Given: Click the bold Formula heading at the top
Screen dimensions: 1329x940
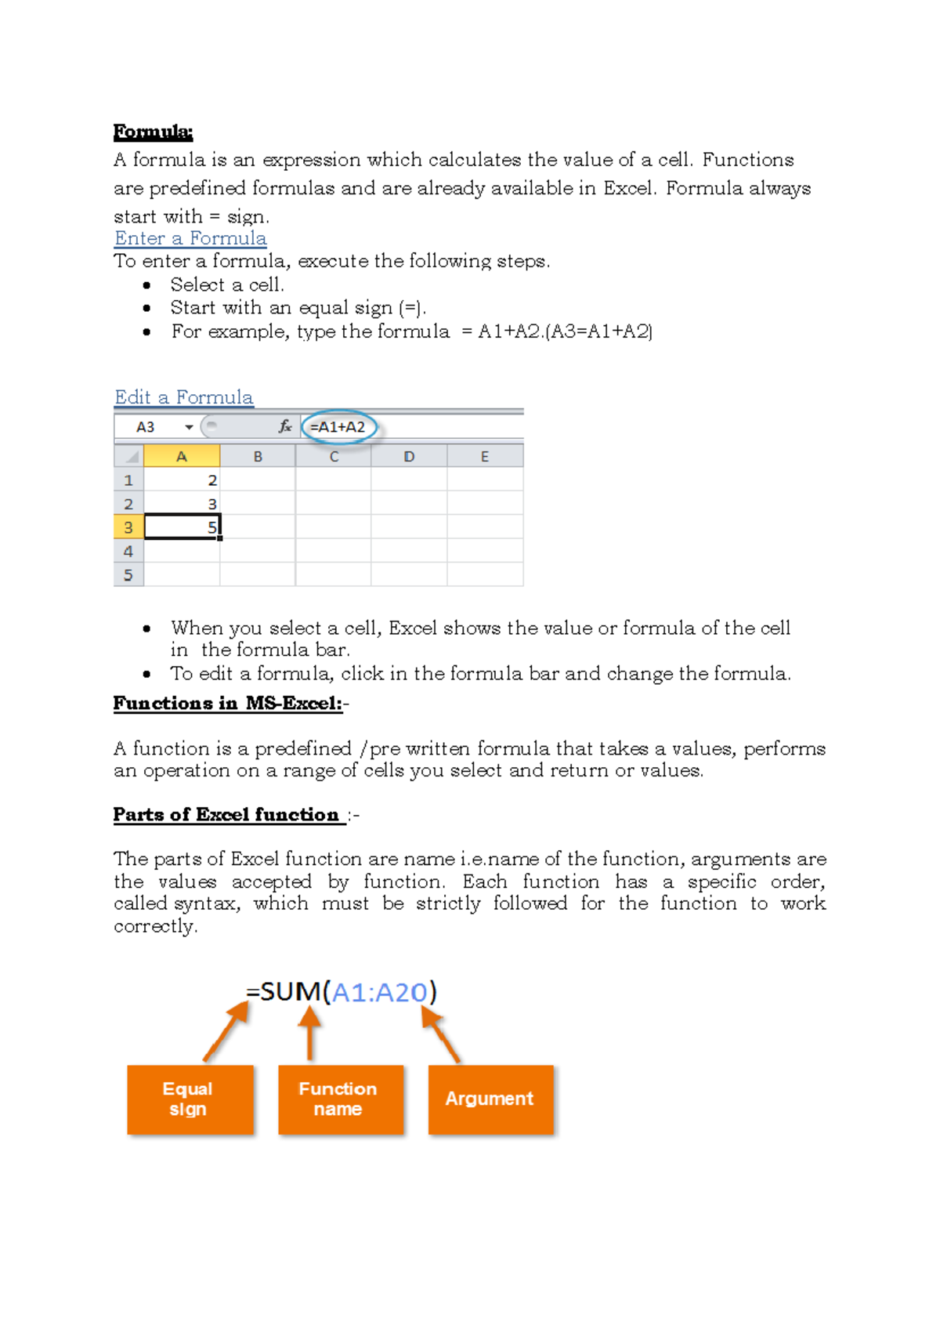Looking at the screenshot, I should (x=153, y=132).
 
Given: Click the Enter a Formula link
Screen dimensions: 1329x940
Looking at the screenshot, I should (x=190, y=238).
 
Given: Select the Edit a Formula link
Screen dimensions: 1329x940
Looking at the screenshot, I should (x=184, y=397).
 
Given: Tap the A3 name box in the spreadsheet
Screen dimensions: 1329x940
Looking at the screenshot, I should (x=146, y=427).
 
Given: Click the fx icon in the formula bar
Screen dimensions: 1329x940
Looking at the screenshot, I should (x=285, y=426).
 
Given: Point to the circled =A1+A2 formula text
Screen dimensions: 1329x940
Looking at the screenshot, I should (x=338, y=427).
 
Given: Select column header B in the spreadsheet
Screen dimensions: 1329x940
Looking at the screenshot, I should (x=258, y=456).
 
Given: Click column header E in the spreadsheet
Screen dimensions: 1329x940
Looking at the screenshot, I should (x=485, y=456).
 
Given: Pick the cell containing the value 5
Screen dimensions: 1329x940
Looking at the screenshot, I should (x=183, y=527).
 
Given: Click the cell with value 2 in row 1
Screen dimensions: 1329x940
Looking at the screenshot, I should (x=183, y=480).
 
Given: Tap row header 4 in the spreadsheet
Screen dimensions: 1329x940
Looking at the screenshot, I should (x=128, y=551).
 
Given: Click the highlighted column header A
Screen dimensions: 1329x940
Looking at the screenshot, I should (x=182, y=456).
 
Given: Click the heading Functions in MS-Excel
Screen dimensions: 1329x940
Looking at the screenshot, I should (x=228, y=704).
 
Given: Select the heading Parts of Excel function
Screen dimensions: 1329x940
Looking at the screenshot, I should (x=226, y=815).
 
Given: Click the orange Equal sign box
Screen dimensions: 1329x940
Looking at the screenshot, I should (x=190, y=1099).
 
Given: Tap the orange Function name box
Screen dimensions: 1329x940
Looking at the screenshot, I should (x=340, y=1099).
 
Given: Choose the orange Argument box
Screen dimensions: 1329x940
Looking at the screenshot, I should (x=490, y=1099).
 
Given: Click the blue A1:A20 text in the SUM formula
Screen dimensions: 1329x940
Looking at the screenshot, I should (x=379, y=993).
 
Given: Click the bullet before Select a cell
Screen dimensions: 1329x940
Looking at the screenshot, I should (x=146, y=285).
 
